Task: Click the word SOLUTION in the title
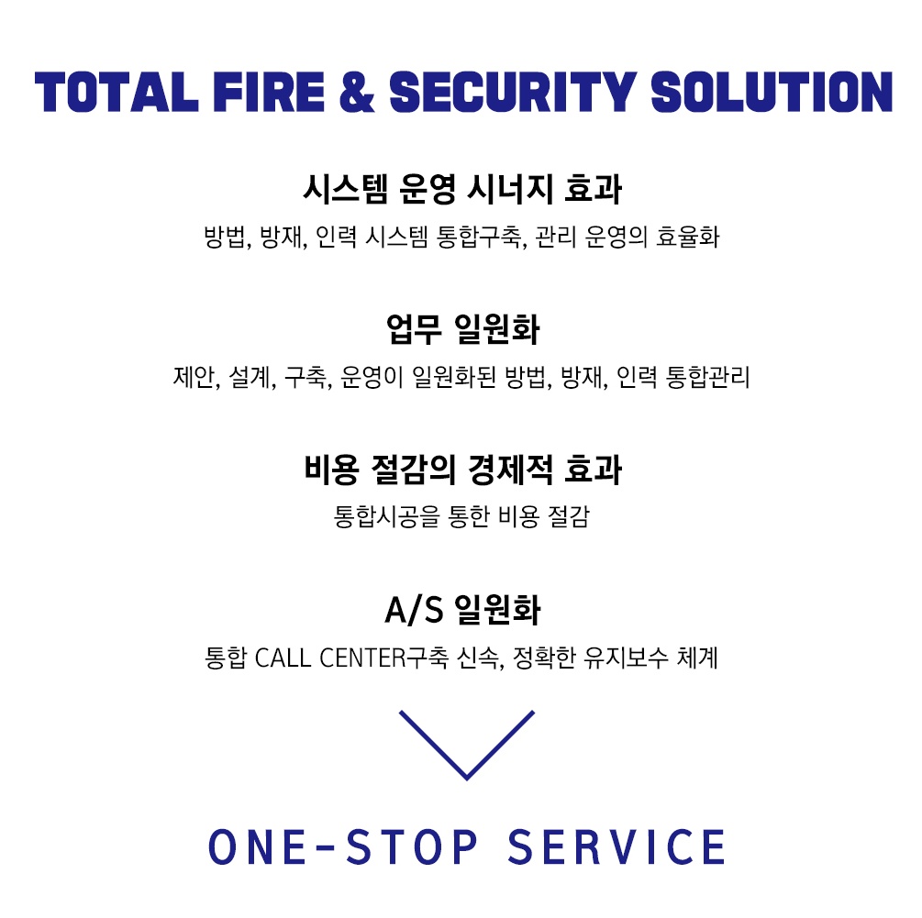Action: (x=772, y=92)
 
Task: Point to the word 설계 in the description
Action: (x=252, y=378)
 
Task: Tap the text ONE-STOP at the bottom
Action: (x=343, y=846)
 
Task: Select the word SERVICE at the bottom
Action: (x=616, y=846)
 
